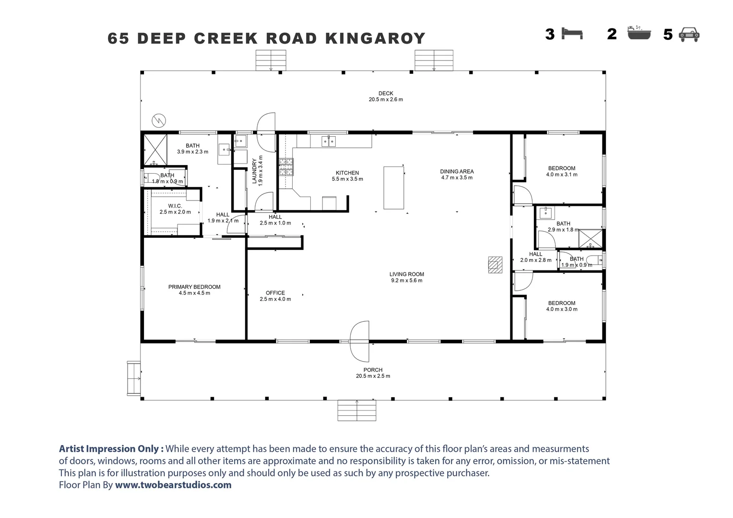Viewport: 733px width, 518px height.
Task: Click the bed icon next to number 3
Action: click(572, 34)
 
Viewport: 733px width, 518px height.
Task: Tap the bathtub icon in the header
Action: click(639, 33)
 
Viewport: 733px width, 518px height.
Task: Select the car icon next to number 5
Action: click(689, 35)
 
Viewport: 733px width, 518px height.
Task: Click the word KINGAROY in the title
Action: click(375, 38)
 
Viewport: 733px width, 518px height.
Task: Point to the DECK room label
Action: click(386, 93)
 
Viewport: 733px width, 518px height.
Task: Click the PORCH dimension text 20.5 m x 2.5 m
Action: click(373, 376)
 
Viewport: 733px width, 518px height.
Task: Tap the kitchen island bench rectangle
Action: click(394, 188)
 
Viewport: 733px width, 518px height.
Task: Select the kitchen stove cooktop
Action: click(286, 167)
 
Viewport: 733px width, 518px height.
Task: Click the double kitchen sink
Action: click(328, 141)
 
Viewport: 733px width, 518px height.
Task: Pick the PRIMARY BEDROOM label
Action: click(194, 287)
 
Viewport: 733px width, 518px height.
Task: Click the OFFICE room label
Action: click(275, 293)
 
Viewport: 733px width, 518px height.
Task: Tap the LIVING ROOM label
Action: click(407, 274)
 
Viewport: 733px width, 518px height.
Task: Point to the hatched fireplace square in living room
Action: click(495, 265)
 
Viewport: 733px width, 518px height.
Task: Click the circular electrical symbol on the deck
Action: click(159, 121)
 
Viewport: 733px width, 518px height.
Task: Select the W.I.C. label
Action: click(175, 206)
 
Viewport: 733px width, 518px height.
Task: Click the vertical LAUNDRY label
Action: click(254, 171)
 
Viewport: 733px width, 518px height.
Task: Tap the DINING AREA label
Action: click(457, 171)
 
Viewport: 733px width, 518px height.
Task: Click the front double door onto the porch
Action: click(359, 341)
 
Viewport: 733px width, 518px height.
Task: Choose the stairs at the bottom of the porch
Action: click(357, 411)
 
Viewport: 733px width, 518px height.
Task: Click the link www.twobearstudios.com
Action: click(173, 484)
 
